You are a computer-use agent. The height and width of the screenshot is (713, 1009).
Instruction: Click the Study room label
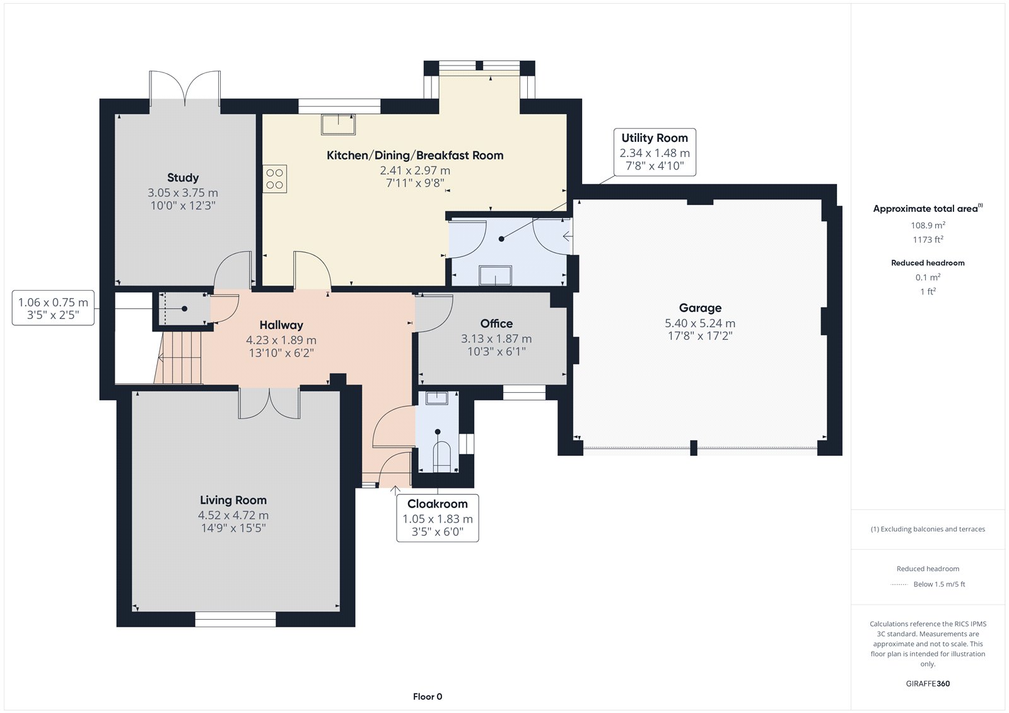click(183, 177)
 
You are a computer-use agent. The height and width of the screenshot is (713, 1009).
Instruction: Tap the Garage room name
click(700, 308)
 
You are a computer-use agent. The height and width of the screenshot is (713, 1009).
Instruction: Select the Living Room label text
click(233, 500)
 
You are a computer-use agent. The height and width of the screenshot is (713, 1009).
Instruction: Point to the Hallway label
click(281, 325)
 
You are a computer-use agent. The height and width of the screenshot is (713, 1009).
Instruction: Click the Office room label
click(496, 323)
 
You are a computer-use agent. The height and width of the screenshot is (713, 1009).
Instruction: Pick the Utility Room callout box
click(655, 152)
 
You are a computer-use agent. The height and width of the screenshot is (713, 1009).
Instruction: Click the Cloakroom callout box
click(438, 518)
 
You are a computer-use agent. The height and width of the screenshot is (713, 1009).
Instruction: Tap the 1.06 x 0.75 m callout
click(53, 308)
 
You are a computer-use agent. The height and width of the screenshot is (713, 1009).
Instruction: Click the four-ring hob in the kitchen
click(274, 179)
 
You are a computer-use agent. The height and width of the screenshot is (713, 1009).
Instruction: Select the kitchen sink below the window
click(338, 124)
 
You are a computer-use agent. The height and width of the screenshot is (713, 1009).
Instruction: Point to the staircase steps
click(178, 357)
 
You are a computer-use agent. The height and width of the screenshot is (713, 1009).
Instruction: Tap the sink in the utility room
click(495, 275)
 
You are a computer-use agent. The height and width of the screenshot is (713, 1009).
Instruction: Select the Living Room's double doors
click(269, 403)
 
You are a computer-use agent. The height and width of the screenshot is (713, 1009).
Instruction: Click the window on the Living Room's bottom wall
click(235, 619)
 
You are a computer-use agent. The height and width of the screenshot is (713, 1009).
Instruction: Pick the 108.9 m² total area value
click(928, 225)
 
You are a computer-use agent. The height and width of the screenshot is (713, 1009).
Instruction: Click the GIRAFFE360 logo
click(928, 683)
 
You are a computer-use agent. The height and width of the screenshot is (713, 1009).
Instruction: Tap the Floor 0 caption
click(428, 697)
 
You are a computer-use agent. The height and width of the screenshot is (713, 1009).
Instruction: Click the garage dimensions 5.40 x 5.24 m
click(700, 323)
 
